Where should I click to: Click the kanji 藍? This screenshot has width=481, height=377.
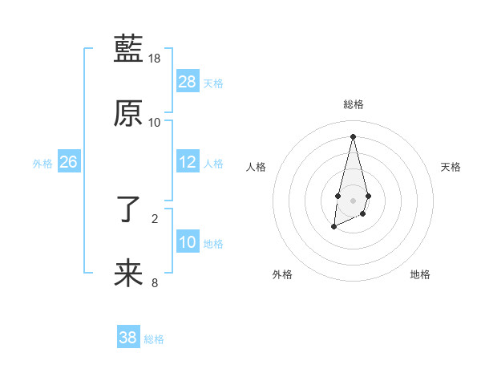point(128,50)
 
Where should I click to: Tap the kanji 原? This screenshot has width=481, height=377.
point(128,113)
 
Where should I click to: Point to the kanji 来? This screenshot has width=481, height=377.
point(128,274)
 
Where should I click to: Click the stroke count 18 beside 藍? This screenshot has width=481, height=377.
point(155,59)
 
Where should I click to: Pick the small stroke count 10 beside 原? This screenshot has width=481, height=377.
point(155,122)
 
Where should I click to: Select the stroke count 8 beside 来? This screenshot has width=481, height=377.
point(155,282)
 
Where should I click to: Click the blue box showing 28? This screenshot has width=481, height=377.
point(188,82)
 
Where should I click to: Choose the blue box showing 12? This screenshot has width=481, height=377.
point(188,162)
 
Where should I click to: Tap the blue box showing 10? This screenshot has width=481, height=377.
point(188,242)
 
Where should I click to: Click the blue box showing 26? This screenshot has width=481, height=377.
point(68,162)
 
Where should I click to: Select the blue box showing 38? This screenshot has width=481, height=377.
point(127,338)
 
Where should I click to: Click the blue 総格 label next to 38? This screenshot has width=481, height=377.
point(154,339)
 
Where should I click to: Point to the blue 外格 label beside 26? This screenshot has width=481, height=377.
point(42,164)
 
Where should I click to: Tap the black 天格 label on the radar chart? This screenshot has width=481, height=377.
point(451,167)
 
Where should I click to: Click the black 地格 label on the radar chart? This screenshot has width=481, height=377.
point(420,274)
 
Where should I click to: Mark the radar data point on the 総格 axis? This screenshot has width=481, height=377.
point(353,136)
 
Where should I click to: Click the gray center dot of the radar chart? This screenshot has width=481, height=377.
point(353,199)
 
